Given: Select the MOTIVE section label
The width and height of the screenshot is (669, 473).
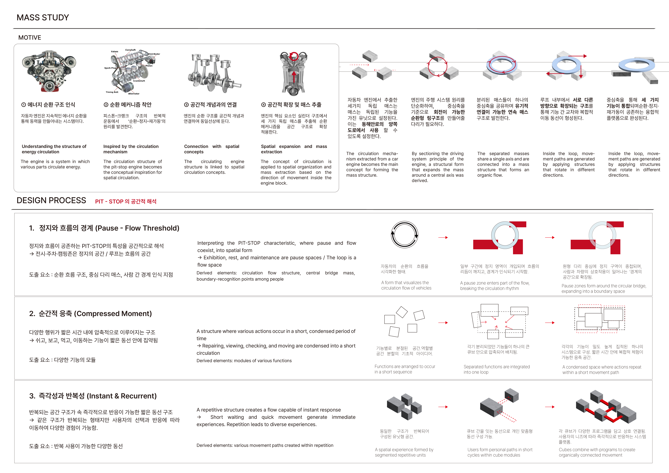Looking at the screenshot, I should (30, 38).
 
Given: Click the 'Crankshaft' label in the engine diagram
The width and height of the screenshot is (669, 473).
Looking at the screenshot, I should (139, 81).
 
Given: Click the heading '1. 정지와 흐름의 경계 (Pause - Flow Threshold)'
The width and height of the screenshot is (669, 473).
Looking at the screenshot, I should (104, 228).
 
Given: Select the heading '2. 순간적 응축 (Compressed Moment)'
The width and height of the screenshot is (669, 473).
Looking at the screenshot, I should (90, 314).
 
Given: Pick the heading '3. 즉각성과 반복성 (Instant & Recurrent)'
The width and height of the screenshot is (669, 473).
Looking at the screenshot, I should (93, 396).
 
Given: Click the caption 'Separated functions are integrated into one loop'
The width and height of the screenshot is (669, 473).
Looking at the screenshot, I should (497, 369).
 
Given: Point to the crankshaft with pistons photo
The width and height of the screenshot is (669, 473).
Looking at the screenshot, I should (214, 73).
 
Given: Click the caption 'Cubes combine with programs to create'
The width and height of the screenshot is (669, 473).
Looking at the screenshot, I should (597, 450).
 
